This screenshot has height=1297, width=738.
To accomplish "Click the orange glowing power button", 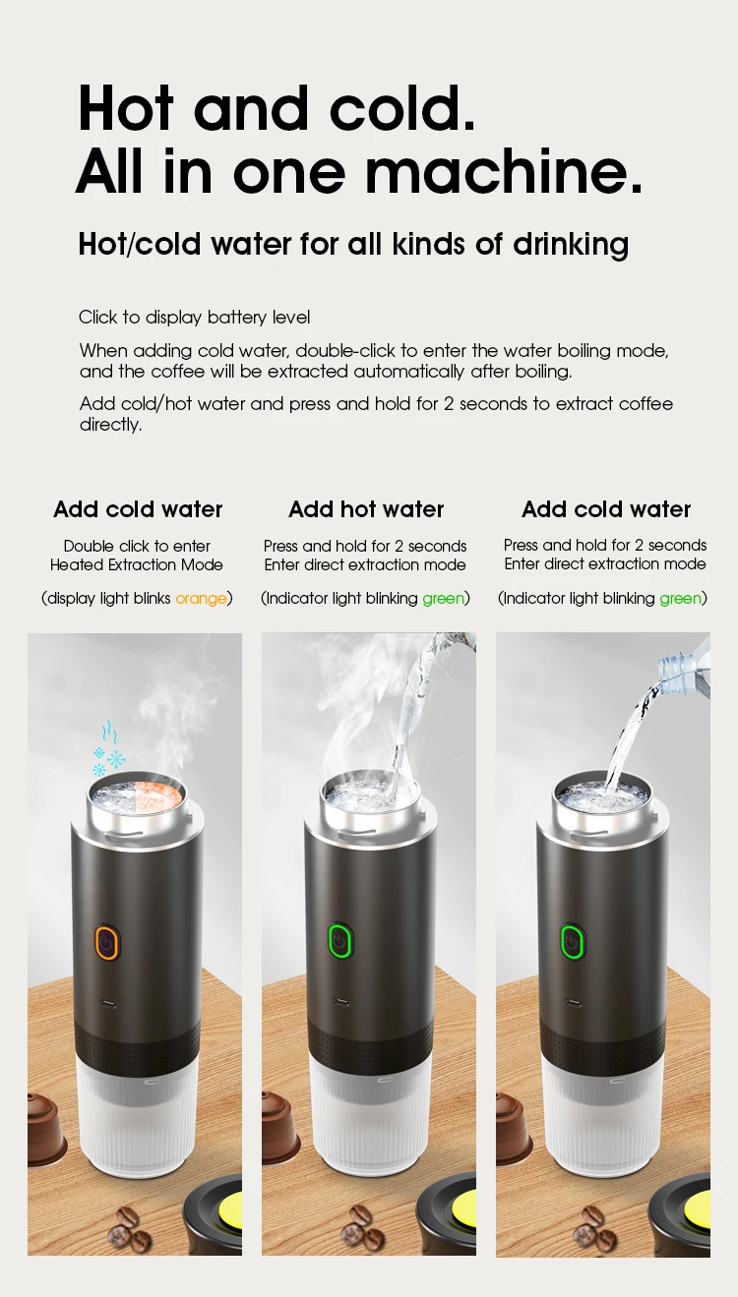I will (106, 941).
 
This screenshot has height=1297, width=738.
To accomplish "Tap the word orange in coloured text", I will (201, 598).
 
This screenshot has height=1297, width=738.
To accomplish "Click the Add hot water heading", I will (366, 509).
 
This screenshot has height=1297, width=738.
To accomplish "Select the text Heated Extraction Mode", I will (137, 564).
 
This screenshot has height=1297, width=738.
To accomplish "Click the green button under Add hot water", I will (339, 941).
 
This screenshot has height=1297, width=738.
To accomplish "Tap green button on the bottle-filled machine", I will (571, 941).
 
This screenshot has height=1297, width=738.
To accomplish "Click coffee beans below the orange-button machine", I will (128, 1225).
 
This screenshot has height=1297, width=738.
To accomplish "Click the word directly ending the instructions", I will (110, 425).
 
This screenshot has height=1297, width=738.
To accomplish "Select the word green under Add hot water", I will (443, 598).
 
